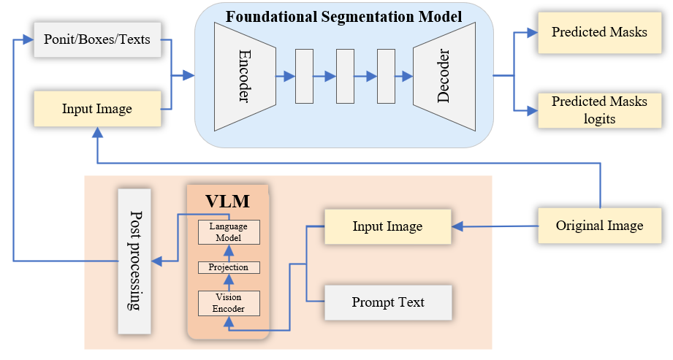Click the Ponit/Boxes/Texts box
coord(96,39)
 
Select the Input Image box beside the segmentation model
coord(96,110)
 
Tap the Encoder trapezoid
coord(244,76)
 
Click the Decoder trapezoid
coord(443,76)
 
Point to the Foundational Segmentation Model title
coord(343,16)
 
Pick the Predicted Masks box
coord(599,33)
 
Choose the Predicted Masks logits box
coord(599,110)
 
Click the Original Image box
coord(599,226)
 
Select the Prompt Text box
coord(387,302)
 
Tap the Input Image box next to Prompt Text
coord(387,226)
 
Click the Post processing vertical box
coord(134,261)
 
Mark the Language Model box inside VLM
coord(229,231)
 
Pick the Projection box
coord(229,267)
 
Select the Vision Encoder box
coord(229,302)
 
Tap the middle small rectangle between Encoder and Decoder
coord(344,76)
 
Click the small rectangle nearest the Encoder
coord(303,76)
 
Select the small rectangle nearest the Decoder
coord(385,76)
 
